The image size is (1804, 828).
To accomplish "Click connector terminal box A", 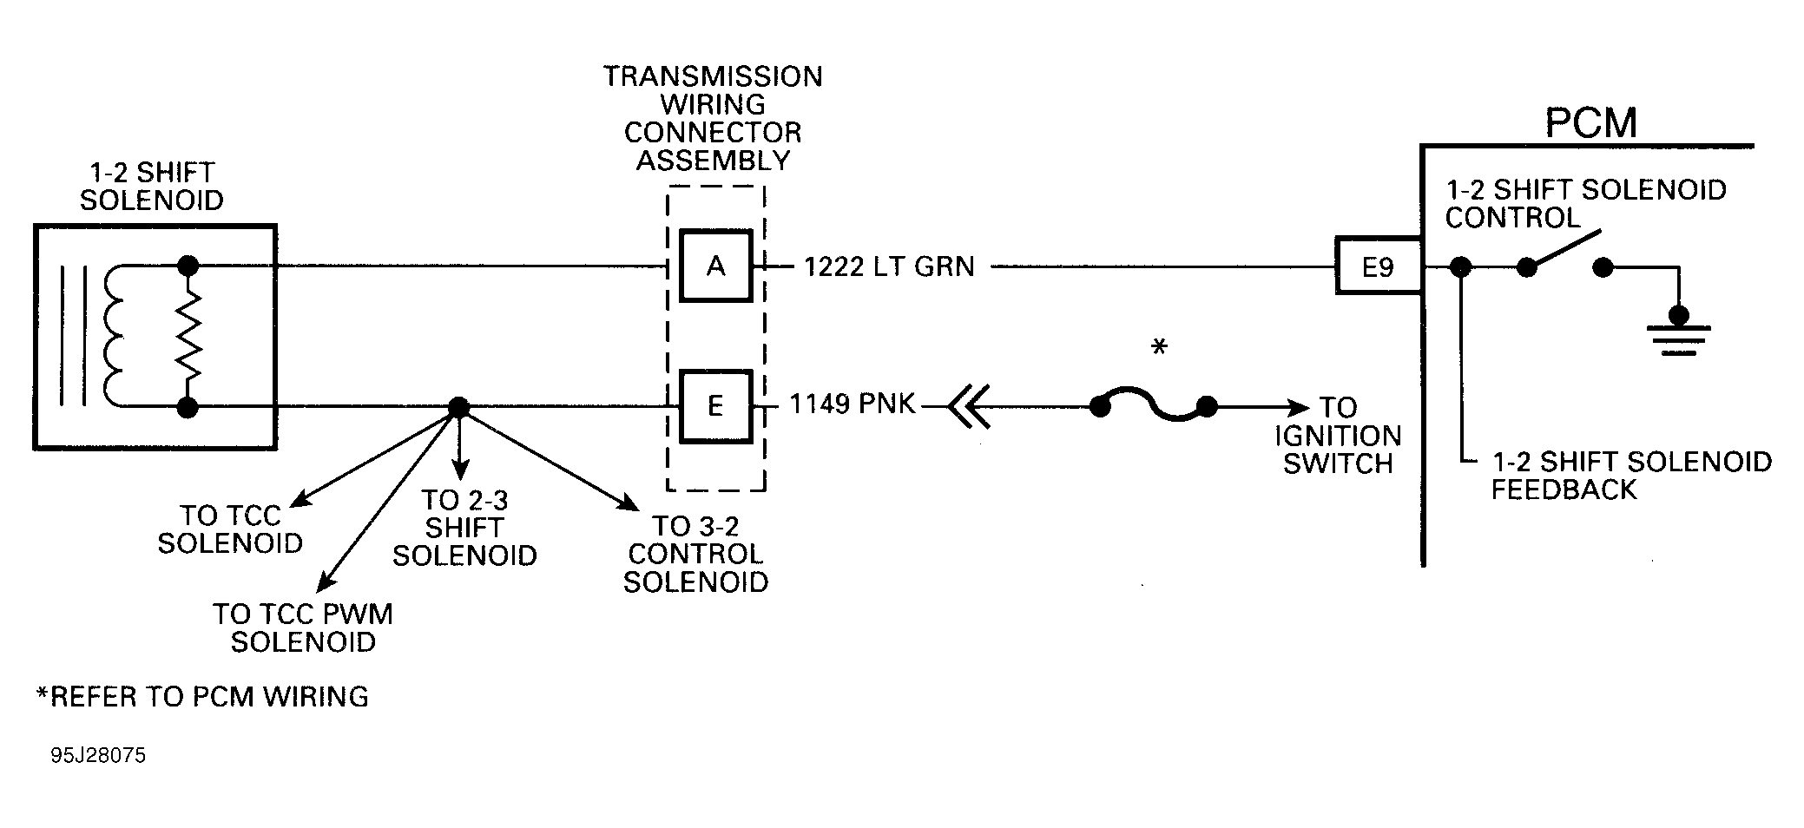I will click(x=715, y=266).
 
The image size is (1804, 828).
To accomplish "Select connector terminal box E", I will click(x=715, y=406).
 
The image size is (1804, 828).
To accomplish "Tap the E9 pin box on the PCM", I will click(x=1378, y=266).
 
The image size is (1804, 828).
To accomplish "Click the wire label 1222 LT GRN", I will click(x=890, y=266).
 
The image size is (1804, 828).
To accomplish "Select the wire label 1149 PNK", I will click(x=853, y=404).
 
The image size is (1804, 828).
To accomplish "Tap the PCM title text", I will click(x=1590, y=123).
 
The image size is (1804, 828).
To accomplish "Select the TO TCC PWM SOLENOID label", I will click(x=303, y=628).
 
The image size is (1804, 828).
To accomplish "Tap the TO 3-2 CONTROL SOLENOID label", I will click(x=695, y=554).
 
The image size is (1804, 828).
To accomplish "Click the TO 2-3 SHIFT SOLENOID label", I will click(x=464, y=528).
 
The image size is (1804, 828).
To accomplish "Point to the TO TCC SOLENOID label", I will click(x=230, y=529).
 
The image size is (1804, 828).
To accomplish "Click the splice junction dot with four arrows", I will click(x=458, y=407).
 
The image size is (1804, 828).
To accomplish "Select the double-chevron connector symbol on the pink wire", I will click(x=969, y=406).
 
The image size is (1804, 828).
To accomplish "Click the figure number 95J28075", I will click(x=98, y=755).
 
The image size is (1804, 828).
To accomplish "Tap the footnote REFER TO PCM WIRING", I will click(x=202, y=696).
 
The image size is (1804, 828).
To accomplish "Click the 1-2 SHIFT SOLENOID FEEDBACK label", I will click(x=1630, y=476).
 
